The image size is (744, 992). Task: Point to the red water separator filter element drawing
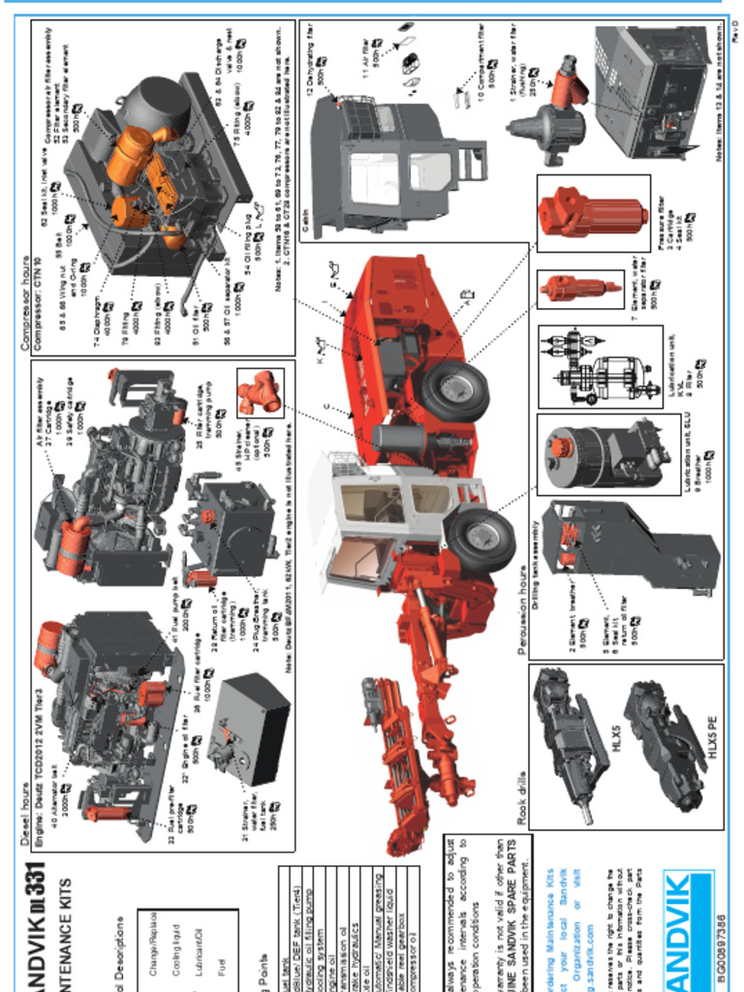click(x=579, y=289)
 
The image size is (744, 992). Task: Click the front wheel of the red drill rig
click(x=481, y=539)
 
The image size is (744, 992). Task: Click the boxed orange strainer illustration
click(x=260, y=392)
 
